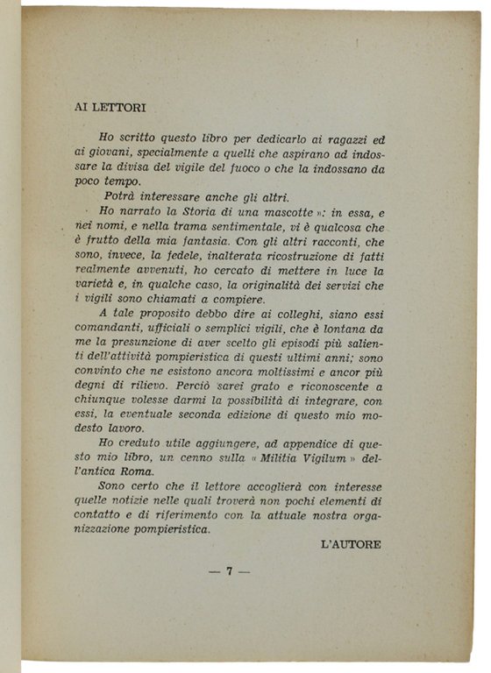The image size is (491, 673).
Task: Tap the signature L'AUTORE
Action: pyautogui.click(x=352, y=543)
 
